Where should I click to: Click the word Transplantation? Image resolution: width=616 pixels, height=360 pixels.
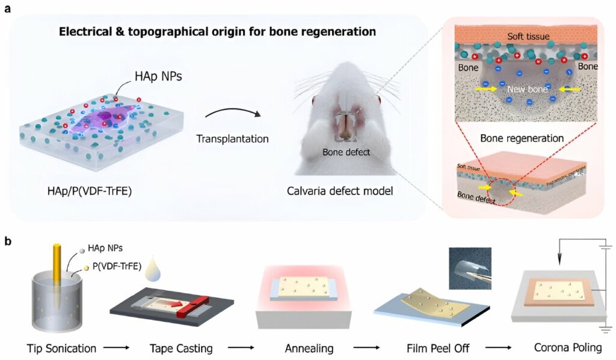click(232, 138)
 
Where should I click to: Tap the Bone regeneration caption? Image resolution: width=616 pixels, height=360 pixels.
click(522, 138)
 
